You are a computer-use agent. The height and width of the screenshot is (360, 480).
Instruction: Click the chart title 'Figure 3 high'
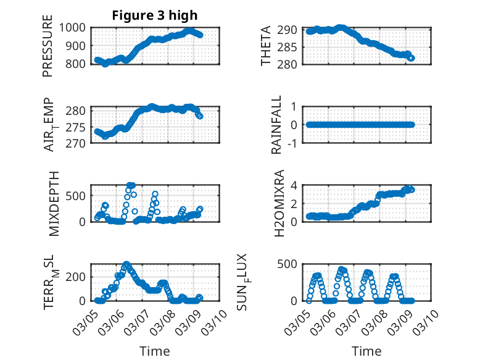coord(155,15)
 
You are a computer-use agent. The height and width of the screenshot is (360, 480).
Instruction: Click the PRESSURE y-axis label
coord(48,46)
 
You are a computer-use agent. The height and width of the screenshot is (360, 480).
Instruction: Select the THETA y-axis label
coord(266,46)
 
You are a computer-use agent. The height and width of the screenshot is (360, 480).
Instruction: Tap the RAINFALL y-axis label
coord(277,125)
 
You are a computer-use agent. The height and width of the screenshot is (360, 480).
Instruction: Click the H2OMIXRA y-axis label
coord(278,204)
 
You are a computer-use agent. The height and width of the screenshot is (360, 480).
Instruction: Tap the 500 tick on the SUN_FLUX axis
coord(292,265)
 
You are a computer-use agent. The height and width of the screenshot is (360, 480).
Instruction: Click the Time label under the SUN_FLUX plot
coord(366,351)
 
